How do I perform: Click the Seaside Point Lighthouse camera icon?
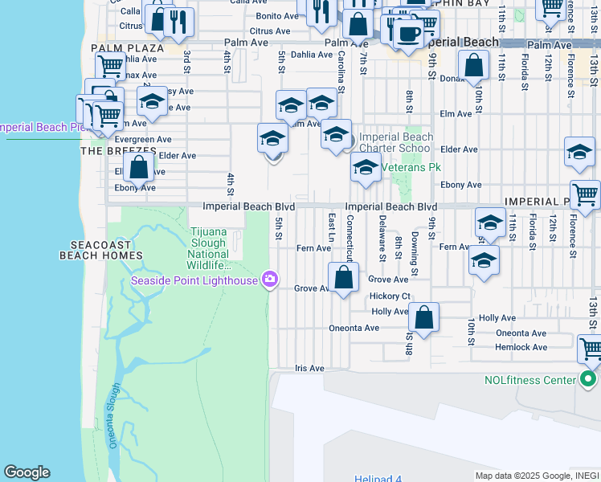[270, 280]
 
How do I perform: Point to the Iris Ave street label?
[309, 369]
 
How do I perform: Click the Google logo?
[27, 472]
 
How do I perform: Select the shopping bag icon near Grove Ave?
[344, 278]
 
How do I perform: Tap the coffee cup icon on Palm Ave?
[408, 35]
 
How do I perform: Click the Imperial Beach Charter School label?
[395, 142]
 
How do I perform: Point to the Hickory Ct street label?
[390, 296]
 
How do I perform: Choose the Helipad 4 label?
[378, 479]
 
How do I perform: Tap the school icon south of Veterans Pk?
[366, 170]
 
